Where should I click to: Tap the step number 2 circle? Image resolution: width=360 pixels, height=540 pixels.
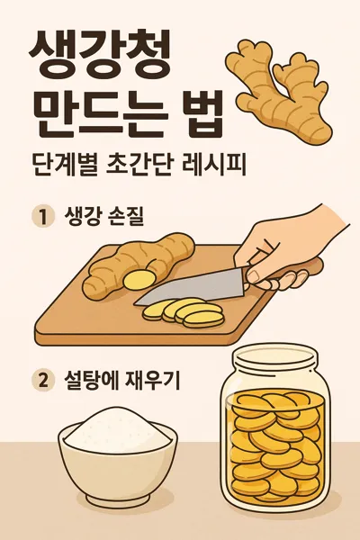[41, 381]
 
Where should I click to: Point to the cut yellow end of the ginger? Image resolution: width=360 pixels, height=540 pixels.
[137, 280]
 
